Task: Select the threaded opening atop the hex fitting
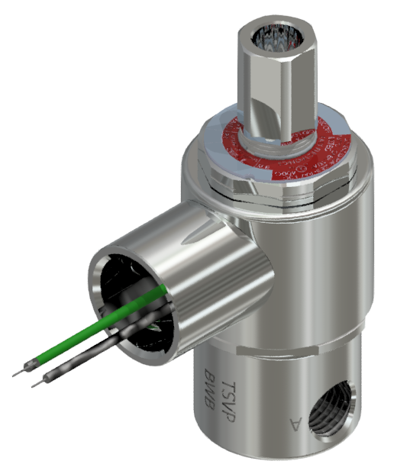point(275,34)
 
